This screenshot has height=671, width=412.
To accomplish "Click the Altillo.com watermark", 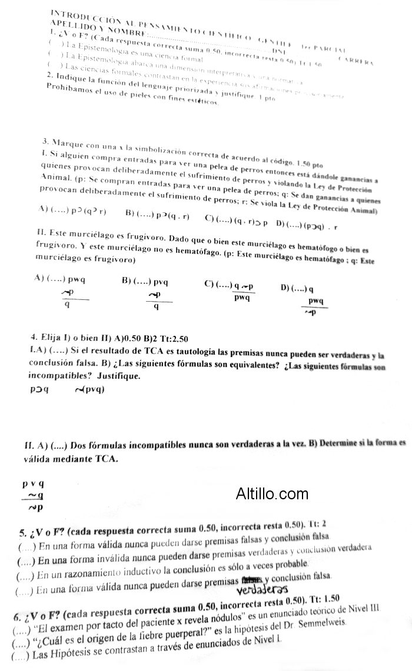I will click(272, 493).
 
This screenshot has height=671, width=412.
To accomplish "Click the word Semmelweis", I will click(318, 624).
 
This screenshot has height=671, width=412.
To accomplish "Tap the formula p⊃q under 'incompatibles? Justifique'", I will click(39, 389).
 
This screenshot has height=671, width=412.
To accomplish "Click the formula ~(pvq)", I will click(90, 389).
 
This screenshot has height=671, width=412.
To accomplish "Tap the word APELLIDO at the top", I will click(72, 24).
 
